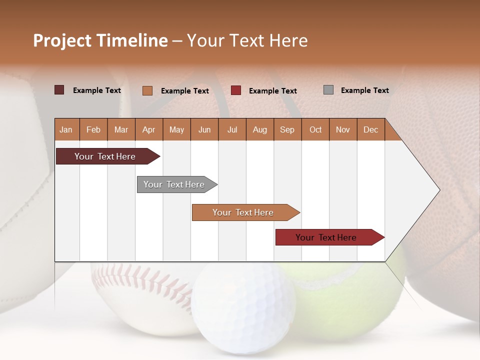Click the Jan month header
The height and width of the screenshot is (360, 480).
(66, 129)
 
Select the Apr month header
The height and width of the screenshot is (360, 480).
(148, 129)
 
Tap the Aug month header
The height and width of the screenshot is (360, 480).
(259, 129)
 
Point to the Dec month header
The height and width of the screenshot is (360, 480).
(370, 129)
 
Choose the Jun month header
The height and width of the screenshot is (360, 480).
(204, 129)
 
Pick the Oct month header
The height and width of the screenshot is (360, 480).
(315, 129)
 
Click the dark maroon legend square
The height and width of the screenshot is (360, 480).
(59, 90)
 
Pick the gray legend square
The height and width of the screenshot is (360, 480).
(328, 90)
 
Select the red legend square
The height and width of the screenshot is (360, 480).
(236, 90)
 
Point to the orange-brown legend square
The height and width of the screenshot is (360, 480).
(147, 90)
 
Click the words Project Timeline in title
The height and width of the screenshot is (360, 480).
(100, 40)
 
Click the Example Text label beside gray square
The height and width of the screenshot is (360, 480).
(364, 90)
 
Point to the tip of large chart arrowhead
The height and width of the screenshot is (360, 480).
(439, 190)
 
